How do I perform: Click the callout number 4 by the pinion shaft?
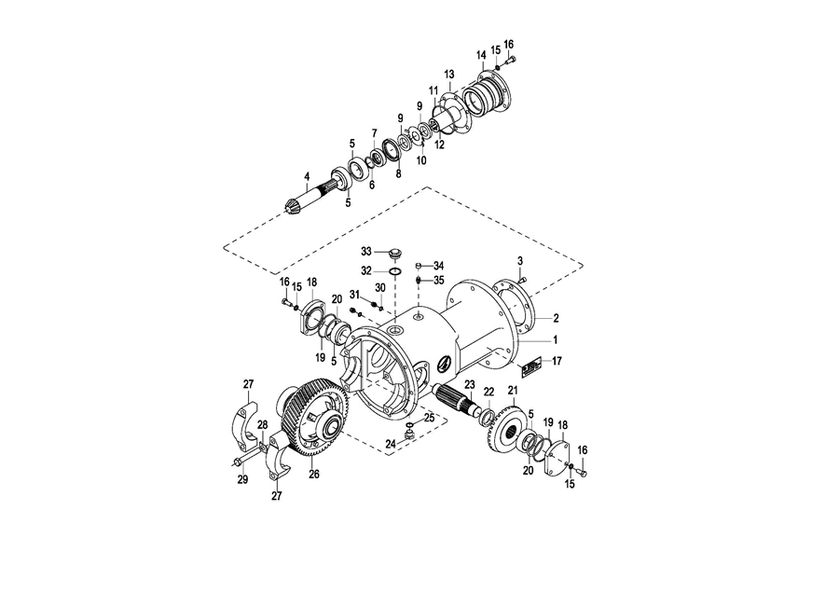[x=307, y=176]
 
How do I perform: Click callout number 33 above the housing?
[x=366, y=251]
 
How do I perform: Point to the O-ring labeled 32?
[x=395, y=271]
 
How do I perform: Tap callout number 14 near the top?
[x=480, y=55]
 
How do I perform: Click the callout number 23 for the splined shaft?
[x=469, y=384]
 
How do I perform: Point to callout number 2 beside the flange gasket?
[x=556, y=319]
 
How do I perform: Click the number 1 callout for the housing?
[x=556, y=339]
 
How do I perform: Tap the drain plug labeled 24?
[x=409, y=435]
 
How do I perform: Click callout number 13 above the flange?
[x=449, y=74]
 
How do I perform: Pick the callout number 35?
[x=439, y=280]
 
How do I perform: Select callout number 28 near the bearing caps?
[x=262, y=424]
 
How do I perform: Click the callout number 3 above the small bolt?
[x=519, y=261]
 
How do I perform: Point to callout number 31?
[x=355, y=294]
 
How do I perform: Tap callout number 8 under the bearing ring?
[x=398, y=174]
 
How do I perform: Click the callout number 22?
[x=488, y=392]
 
